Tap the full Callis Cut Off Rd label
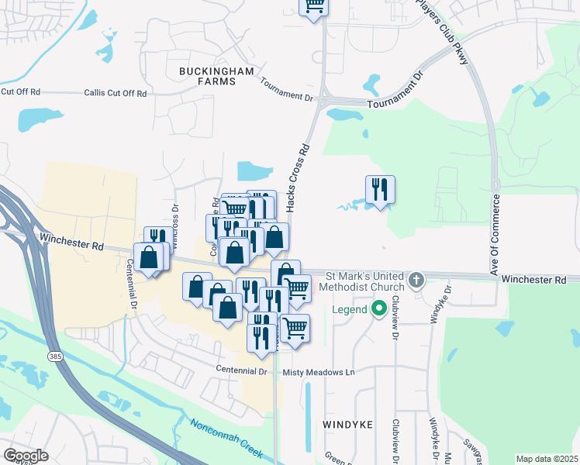(x=115, y=93)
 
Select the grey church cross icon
(x=416, y=279)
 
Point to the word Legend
(x=349, y=310)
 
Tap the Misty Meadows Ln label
(x=318, y=373)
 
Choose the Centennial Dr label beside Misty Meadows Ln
(x=241, y=371)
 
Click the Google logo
(x=26, y=456)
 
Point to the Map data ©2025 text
(x=547, y=459)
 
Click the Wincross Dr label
(x=175, y=220)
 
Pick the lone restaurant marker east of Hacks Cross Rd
(x=380, y=190)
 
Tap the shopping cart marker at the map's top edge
(x=314, y=6)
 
